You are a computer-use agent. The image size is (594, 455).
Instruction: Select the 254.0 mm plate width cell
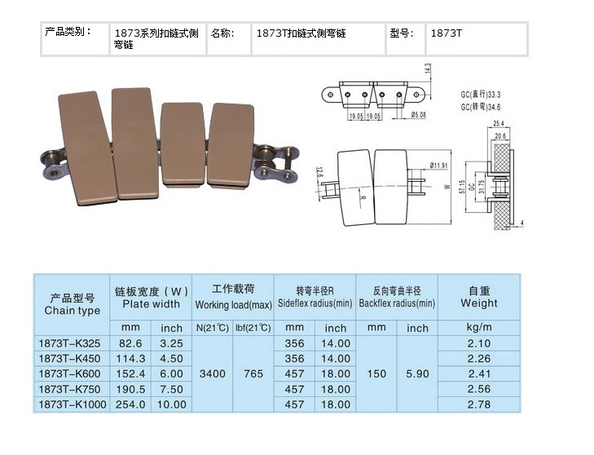132,404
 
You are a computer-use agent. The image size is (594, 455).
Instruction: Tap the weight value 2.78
479,404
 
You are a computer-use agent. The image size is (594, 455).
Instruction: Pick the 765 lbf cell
253,373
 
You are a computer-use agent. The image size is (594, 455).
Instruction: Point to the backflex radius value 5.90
417,373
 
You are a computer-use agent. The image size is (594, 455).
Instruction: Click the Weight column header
479,296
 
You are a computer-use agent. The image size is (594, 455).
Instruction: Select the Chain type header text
73,310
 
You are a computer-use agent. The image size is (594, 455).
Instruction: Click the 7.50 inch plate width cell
172,389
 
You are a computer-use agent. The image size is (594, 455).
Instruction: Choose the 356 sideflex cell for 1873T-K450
294,359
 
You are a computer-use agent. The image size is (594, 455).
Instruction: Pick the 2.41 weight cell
479,373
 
